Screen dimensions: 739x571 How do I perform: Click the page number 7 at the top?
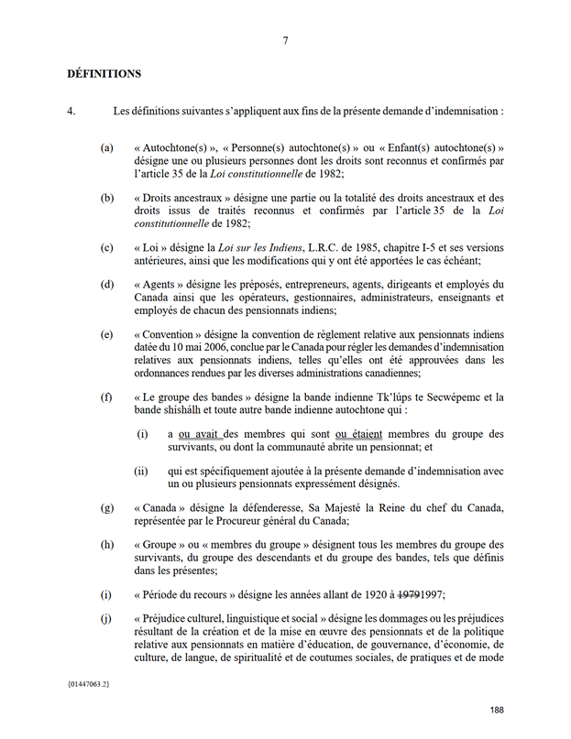[x=285, y=40]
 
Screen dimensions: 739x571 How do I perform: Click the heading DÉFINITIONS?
[x=104, y=72]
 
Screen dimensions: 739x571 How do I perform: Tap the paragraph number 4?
[x=71, y=112]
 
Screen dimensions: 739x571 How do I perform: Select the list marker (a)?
[x=107, y=147]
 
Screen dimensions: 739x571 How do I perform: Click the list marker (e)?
[x=107, y=335]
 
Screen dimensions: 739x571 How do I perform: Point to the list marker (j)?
[x=107, y=618]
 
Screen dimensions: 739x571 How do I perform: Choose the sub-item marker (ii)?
[x=142, y=472]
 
